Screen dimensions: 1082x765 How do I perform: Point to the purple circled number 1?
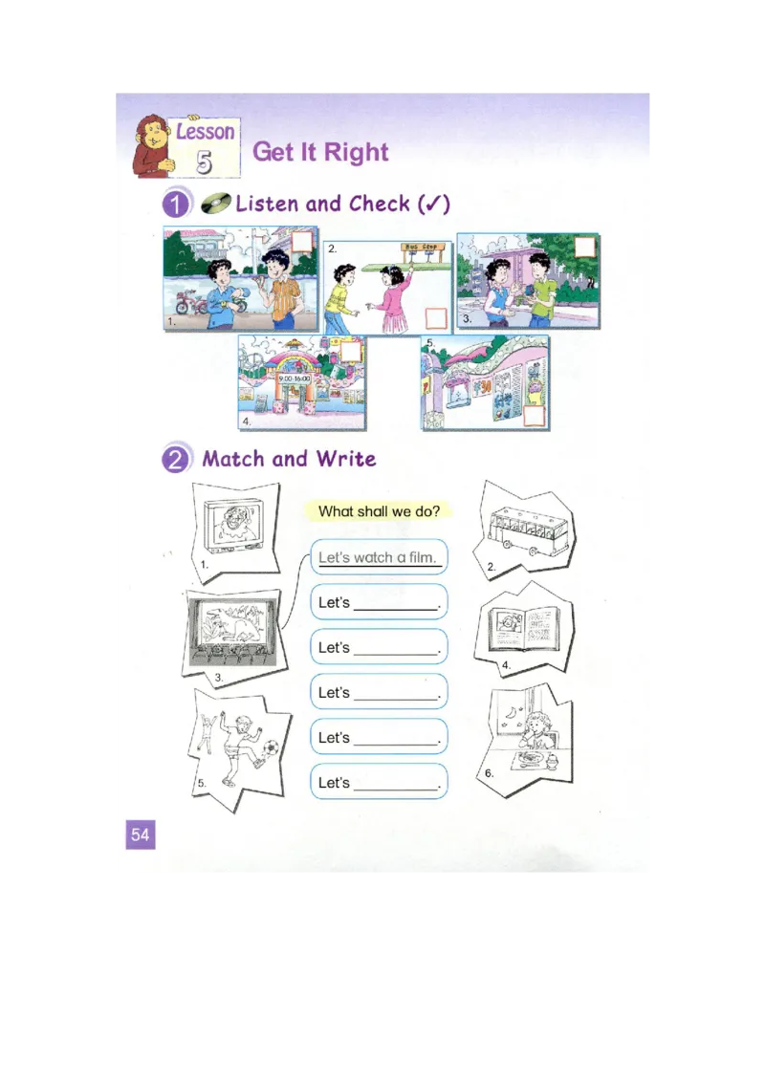click(x=175, y=205)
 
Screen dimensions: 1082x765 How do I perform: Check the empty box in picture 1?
click(x=302, y=240)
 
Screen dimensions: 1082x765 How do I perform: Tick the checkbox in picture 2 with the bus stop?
click(x=436, y=317)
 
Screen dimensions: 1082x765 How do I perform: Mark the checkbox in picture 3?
click(x=584, y=247)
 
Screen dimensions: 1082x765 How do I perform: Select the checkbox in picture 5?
click(x=535, y=415)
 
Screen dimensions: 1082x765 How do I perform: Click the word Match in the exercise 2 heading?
click(x=234, y=459)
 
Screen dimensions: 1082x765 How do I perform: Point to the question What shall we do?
click(x=379, y=511)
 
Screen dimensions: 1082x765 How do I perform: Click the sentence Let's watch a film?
click(x=378, y=557)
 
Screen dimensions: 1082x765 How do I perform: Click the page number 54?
click(x=140, y=834)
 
